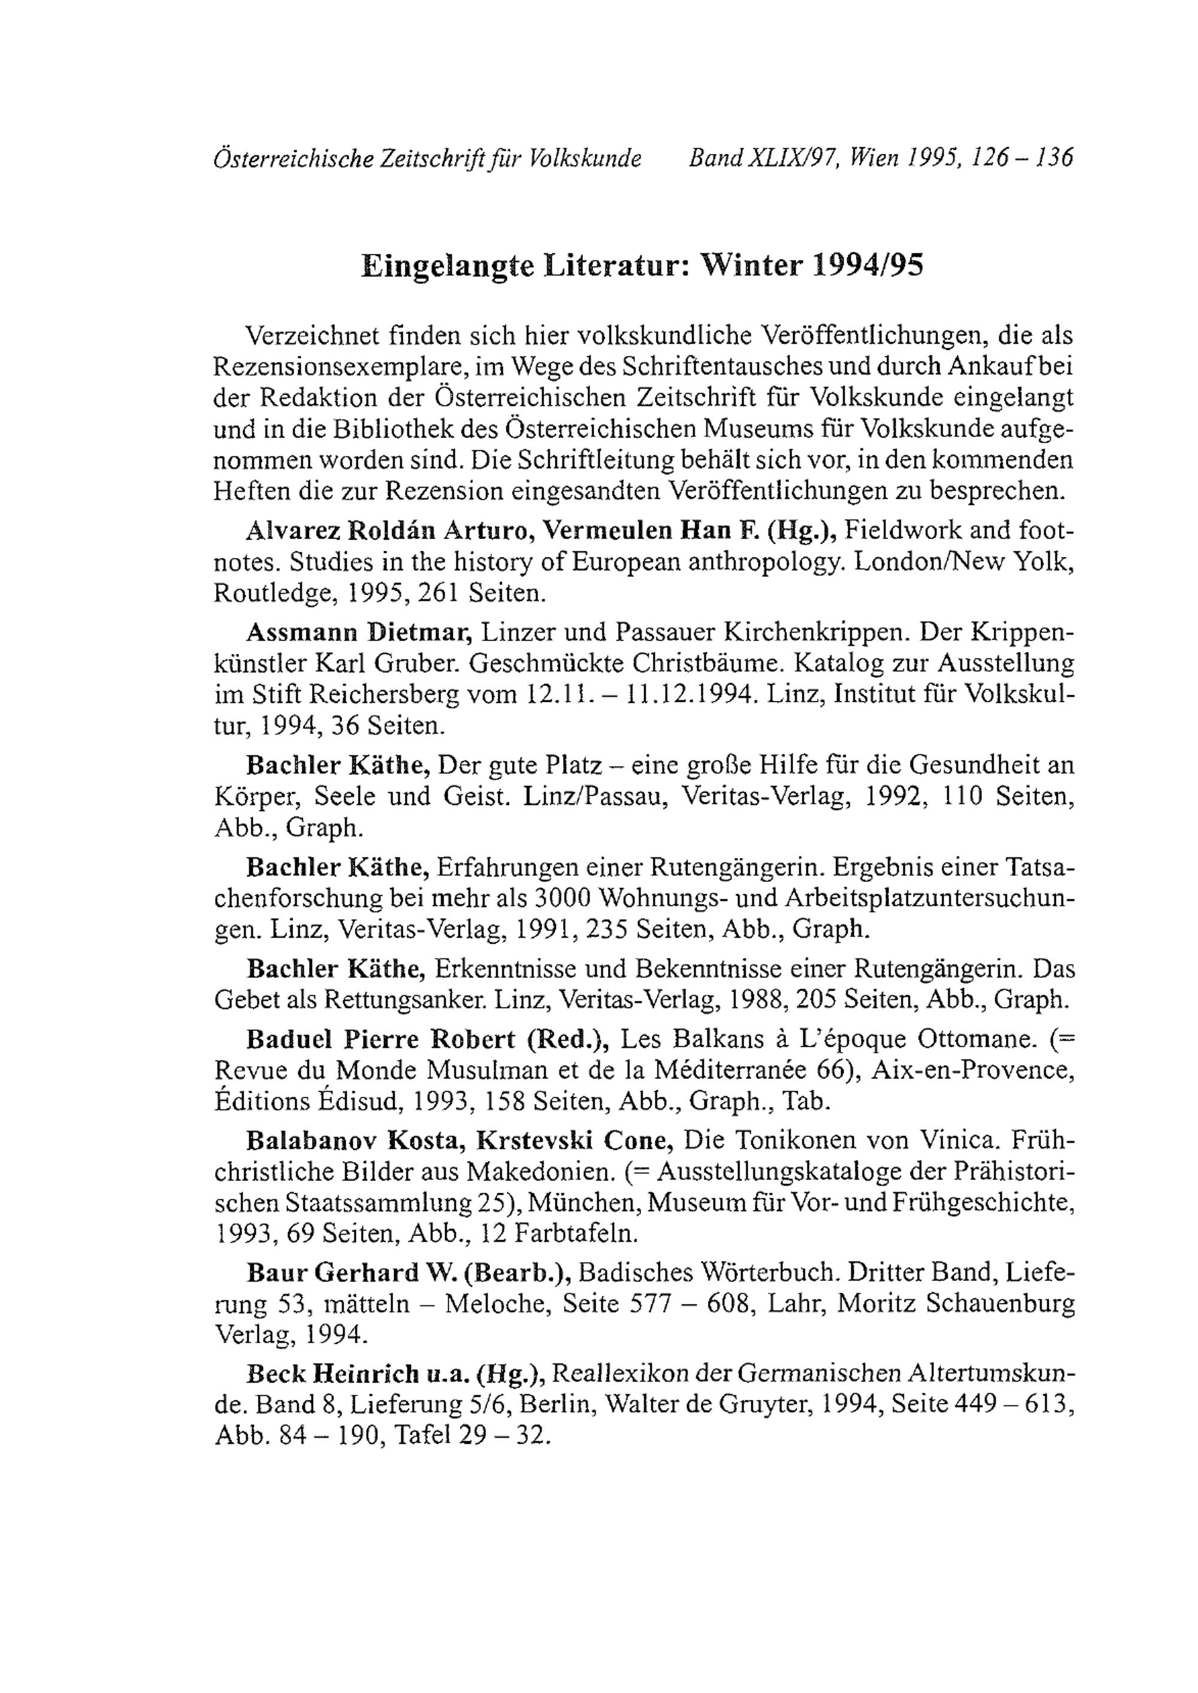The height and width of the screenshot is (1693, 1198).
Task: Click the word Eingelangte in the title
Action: tap(448, 265)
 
